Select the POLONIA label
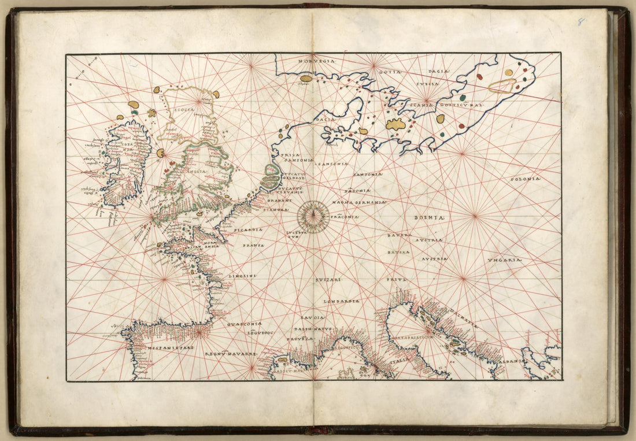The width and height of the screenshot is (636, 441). tap(525, 179)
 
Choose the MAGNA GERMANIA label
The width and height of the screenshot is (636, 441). tap(358, 203)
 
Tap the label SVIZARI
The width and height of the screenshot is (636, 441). tap(328, 280)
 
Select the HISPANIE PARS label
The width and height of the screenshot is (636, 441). tap(170, 349)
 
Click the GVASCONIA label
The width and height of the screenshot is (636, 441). tap(245, 324)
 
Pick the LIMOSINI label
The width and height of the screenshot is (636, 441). tap(243, 277)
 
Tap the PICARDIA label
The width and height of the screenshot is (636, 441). tap(248, 229)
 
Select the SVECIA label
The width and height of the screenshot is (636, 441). tap(427, 84)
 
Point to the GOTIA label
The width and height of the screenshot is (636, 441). tap(390, 72)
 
